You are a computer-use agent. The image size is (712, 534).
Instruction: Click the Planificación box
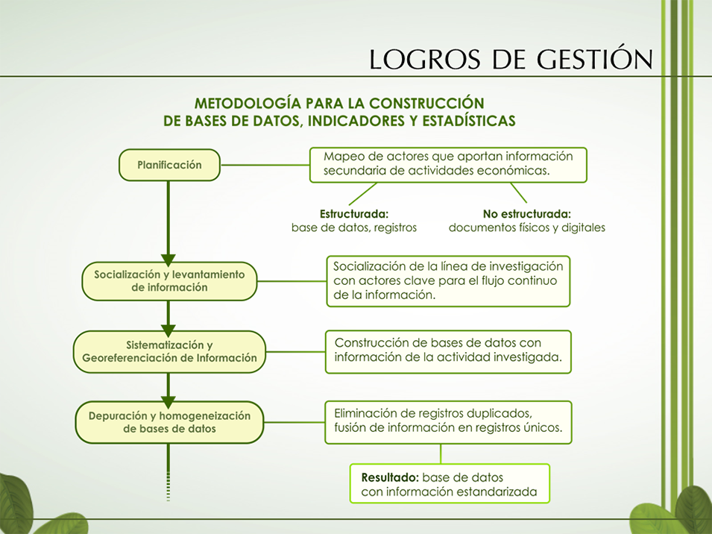[169, 165]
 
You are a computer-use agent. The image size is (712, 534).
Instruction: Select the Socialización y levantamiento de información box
[169, 281]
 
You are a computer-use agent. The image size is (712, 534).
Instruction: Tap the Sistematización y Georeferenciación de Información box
[169, 351]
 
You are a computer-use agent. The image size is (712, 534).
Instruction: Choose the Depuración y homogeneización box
[169, 422]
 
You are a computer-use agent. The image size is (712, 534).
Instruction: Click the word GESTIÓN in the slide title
[595, 58]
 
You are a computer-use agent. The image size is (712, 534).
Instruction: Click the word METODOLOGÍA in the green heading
[248, 103]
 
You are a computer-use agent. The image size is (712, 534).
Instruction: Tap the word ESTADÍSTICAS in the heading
[469, 121]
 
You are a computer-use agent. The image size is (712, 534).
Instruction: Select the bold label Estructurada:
[354, 214]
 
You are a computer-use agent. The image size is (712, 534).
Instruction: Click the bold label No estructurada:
[527, 214]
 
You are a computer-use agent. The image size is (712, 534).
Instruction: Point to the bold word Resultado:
[390, 478]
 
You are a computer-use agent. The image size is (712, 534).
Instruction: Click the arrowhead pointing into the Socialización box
[168, 260]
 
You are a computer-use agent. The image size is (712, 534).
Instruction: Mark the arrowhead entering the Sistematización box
[168, 330]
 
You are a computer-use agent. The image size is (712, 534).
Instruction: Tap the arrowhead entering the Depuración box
[168, 402]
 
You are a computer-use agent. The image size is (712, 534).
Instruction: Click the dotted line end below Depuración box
[168, 500]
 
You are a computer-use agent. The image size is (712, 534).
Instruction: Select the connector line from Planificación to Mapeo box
[265, 165]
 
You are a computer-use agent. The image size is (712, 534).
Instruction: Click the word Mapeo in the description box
[340, 157]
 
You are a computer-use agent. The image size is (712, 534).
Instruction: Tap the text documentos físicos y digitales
[527, 227]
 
